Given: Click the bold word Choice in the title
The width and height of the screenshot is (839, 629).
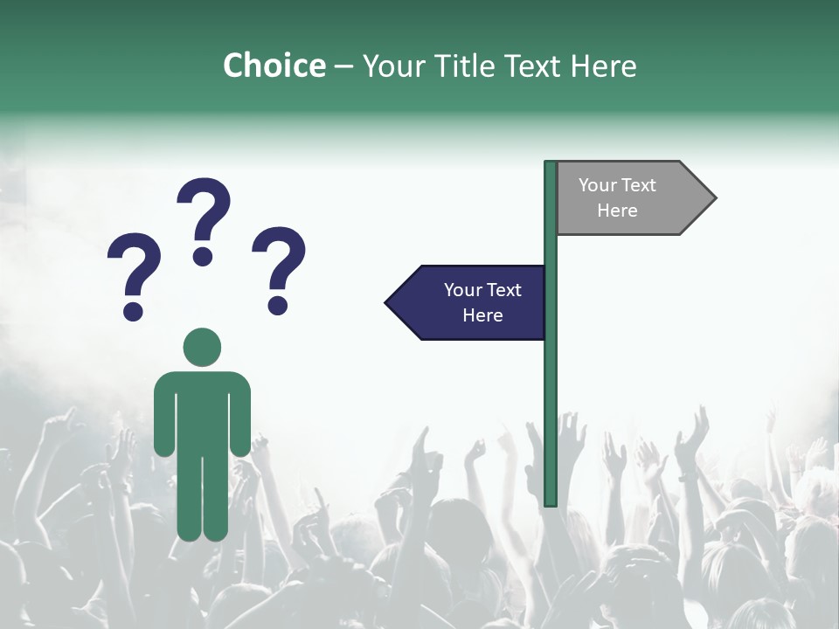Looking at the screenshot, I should (274, 66).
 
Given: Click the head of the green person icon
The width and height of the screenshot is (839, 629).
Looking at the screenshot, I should (202, 347).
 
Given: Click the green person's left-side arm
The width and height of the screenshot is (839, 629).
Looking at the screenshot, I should (163, 415).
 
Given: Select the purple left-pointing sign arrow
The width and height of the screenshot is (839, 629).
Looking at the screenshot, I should (468, 303).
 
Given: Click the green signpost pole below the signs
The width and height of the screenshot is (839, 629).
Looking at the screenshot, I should (551, 419).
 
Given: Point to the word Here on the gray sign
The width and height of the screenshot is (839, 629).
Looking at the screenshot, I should (617, 211).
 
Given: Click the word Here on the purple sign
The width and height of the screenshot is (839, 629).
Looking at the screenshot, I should (482, 315).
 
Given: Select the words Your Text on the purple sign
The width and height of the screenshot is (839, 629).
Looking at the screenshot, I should (482, 290).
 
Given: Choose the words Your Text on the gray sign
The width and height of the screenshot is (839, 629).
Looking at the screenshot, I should (617, 185).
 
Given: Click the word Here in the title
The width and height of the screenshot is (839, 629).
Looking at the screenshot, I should (604, 66).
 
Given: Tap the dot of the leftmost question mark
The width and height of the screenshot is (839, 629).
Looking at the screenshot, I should (133, 311).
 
